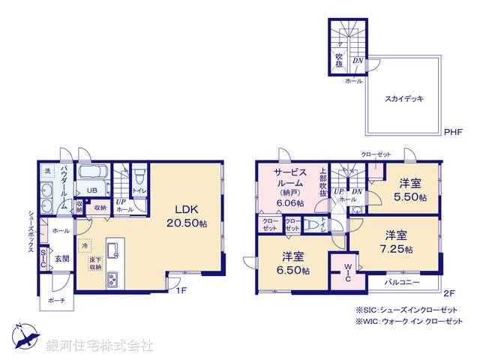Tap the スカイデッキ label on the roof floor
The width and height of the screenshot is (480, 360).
tap(404, 98)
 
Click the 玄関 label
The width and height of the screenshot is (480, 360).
tap(63, 259)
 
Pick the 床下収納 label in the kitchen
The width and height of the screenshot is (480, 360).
tap(94, 263)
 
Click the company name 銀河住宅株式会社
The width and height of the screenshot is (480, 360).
tap(99, 346)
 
